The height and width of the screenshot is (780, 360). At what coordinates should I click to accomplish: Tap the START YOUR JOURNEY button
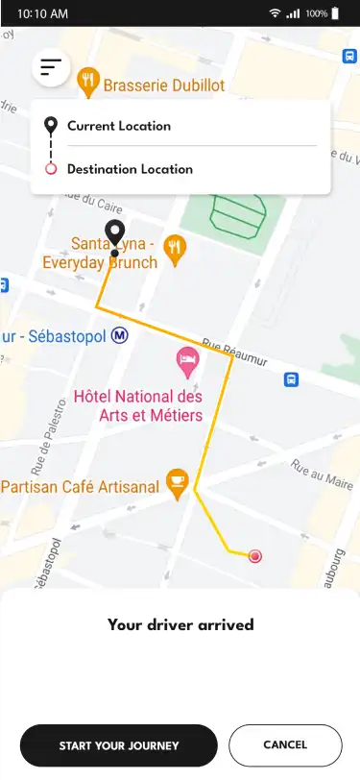[119, 745]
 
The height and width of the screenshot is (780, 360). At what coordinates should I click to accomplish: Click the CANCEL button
[285, 744]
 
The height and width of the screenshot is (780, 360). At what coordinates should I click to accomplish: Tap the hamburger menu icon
[51, 67]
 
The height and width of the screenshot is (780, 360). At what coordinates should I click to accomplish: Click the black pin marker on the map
[115, 232]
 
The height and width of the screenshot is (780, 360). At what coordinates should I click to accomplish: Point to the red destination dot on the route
[254, 555]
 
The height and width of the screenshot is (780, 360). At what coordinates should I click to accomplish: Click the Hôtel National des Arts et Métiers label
[138, 405]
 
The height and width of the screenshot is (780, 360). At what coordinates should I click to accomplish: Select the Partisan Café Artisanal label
[80, 487]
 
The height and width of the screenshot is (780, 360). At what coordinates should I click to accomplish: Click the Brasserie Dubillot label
[165, 85]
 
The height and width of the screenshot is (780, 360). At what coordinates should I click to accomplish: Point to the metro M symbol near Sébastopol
[120, 336]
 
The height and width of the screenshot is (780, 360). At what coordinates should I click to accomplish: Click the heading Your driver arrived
[180, 624]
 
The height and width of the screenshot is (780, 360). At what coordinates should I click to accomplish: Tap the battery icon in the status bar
[335, 13]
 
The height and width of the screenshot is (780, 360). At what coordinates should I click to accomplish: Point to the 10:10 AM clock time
[42, 14]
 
